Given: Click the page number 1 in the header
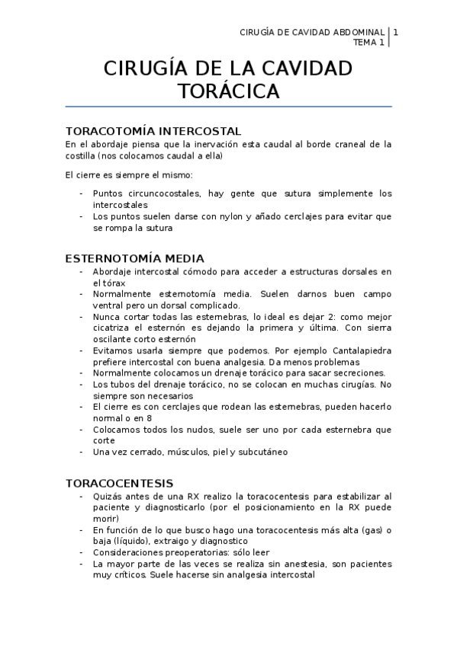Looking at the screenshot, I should pyautogui.click(x=396, y=32).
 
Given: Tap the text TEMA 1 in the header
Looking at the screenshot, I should pyautogui.click(x=369, y=43).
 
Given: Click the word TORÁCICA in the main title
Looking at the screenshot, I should pyautogui.click(x=228, y=92).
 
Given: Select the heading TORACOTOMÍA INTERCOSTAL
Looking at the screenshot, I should pyautogui.click(x=153, y=131).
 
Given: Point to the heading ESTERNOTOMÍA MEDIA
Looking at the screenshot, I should pyautogui.click(x=134, y=258).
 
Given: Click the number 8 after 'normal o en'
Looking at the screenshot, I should pyautogui.click(x=149, y=418).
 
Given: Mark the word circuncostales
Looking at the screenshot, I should pyautogui.click(x=164, y=193).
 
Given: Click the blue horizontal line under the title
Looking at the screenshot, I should pyautogui.click(x=228, y=107).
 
